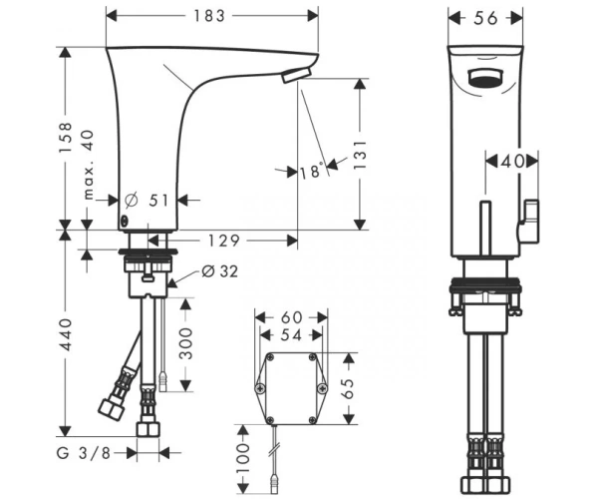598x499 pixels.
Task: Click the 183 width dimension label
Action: pyautogui.click(x=209, y=16)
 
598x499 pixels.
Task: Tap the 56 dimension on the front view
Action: pyautogui.click(x=485, y=18)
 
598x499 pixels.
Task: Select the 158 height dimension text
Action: pyautogui.click(x=65, y=138)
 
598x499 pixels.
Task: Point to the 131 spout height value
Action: pyautogui.click(x=360, y=155)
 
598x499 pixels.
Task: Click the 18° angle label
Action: pyautogui.click(x=311, y=172)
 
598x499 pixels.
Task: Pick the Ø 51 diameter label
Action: pyautogui.click(x=147, y=200)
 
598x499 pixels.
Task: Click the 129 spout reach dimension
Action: pyautogui.click(x=224, y=241)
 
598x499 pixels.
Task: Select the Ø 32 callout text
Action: pyautogui.click(x=219, y=271)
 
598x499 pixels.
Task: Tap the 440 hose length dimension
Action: pyautogui.click(x=66, y=335)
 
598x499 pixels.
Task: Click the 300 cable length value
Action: pyautogui.click(x=186, y=343)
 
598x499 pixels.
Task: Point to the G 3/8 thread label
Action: pyautogui.click(x=84, y=453)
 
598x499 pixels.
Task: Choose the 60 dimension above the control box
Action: pyautogui.click(x=291, y=317)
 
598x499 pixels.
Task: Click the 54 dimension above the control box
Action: pyautogui.click(x=291, y=335)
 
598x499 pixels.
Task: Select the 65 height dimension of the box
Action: pyautogui.click(x=348, y=388)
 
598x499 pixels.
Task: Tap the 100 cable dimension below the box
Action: pyautogui.click(x=243, y=458)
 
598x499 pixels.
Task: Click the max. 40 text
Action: pyautogui.click(x=88, y=165)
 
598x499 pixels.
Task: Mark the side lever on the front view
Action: pyautogui.click(x=529, y=222)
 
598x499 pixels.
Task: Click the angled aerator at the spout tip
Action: pyautogui.click(x=297, y=75)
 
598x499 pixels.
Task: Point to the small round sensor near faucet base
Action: pyautogui.click(x=125, y=220)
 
